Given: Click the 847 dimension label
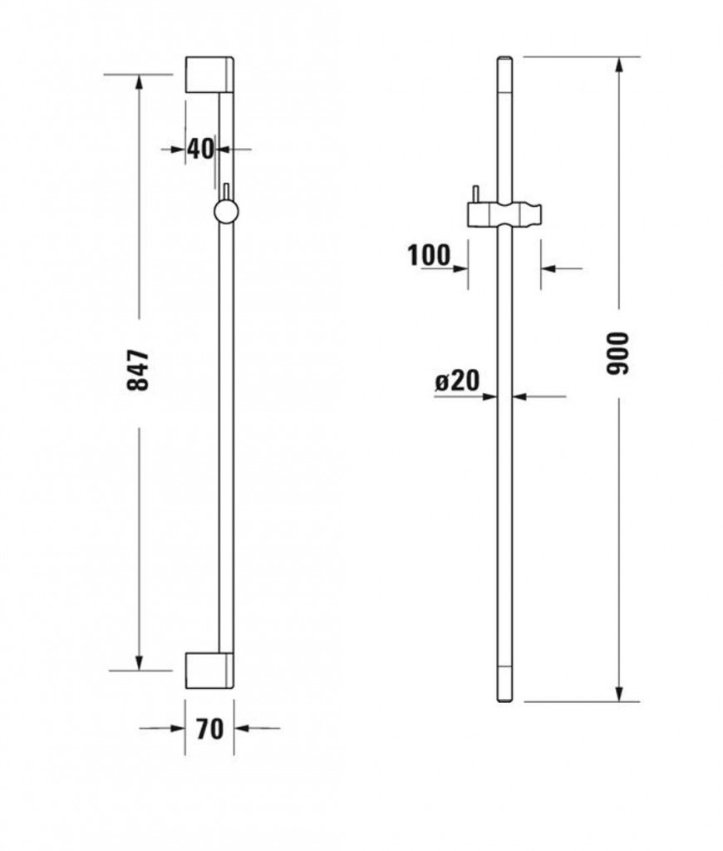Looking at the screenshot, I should (x=138, y=371).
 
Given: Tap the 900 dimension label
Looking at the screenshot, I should (x=619, y=353).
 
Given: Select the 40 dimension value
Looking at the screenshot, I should (x=200, y=149).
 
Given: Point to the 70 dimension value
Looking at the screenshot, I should (x=209, y=729).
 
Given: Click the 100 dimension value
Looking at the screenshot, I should (x=428, y=254).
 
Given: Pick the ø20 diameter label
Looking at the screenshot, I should (x=458, y=381).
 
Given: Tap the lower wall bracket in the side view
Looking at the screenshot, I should (x=209, y=670).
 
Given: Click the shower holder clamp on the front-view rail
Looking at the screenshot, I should (x=503, y=214).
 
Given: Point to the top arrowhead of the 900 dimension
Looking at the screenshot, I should (x=619, y=66).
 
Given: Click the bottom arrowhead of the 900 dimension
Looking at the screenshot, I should (x=619, y=692).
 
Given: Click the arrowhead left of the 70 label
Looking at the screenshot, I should (x=177, y=729).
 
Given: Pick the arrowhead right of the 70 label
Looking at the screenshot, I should (x=242, y=729).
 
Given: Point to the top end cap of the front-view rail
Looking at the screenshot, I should (x=504, y=61).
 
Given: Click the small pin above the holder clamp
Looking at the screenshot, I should (x=475, y=194).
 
